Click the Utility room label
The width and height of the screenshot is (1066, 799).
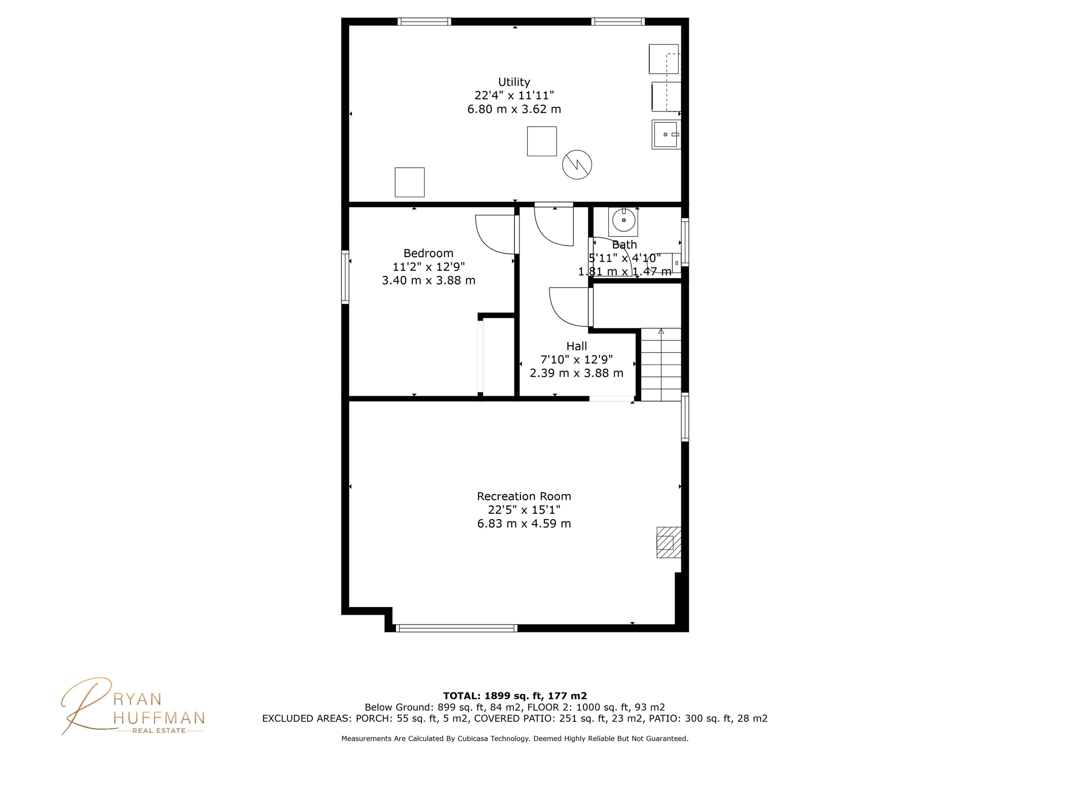click(x=514, y=82)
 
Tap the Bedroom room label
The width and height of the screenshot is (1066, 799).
click(x=428, y=253)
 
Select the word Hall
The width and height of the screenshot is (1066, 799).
click(x=576, y=346)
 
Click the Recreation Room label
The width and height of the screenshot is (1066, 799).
click(x=524, y=496)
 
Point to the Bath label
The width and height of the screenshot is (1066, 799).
click(x=624, y=245)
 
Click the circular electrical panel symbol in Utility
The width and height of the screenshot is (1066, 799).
click(x=577, y=165)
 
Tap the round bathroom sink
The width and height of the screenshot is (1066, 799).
click(x=623, y=220)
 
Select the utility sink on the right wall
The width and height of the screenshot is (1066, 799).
click(x=665, y=135)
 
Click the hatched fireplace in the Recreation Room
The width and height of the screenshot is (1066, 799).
click(x=668, y=542)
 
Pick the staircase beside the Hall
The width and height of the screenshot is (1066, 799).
click(x=661, y=364)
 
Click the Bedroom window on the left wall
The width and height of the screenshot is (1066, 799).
click(x=345, y=277)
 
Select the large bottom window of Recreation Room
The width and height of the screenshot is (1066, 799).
click(x=456, y=628)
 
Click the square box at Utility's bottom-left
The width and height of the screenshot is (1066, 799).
click(x=409, y=182)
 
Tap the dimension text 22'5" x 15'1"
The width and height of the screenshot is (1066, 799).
click(x=524, y=510)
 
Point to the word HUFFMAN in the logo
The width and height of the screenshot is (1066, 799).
click(x=159, y=718)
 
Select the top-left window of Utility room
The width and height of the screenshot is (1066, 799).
click(x=424, y=21)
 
